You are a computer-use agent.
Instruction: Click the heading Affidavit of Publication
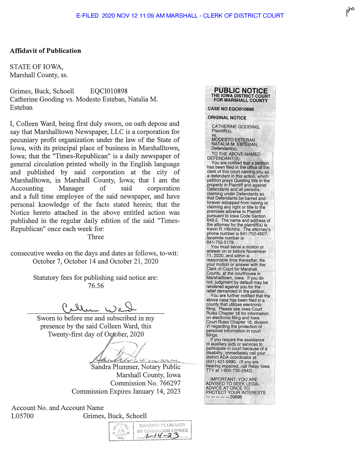pos(45,51)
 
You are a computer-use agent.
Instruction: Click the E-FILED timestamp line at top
pos(180,16)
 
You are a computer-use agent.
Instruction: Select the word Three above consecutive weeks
pos(96,237)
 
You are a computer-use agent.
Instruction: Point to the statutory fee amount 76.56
pos(96,286)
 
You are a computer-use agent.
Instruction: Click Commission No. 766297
pos(145,383)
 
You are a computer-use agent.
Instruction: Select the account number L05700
pos(22,416)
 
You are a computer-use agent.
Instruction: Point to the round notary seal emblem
pos(122,431)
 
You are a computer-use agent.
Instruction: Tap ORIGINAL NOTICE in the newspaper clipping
pos(227,118)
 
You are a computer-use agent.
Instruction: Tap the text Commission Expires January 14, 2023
pos(126,392)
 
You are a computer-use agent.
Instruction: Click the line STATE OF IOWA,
pos(36,67)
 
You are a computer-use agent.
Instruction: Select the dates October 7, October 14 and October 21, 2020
pos(96,261)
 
